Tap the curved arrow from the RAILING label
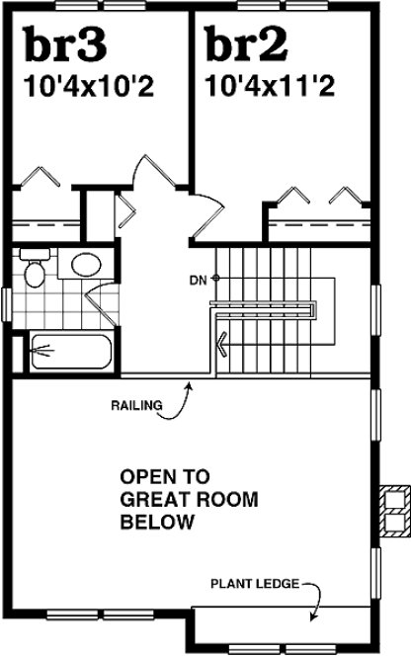pos(184,399)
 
